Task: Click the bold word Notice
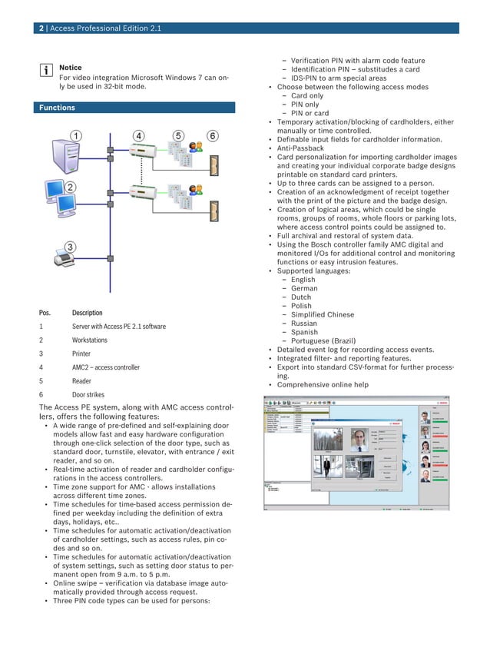pos(70,68)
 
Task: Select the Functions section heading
pos(58,108)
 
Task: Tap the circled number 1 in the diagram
pos(76,136)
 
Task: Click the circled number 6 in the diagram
pos(212,136)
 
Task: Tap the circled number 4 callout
pos(139,136)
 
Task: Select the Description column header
pos(87,313)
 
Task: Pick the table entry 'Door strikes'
pos(88,394)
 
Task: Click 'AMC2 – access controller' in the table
pos(105,367)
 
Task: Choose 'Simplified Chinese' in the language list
pos(322,314)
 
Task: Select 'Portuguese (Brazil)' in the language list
pos(324,341)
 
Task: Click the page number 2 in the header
pos(41,28)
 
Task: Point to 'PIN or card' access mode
pos(310,114)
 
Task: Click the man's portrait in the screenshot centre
pos(356,439)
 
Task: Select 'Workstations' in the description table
pos(90,340)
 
